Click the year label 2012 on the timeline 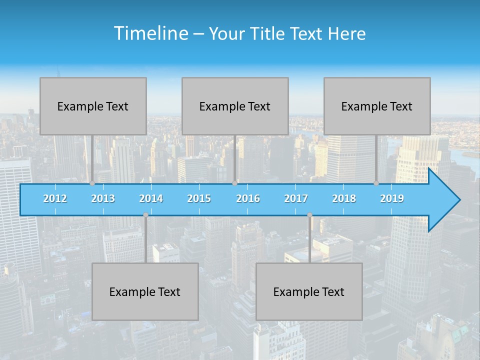click(x=55, y=198)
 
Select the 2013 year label click(x=103, y=198)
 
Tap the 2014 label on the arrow click(x=151, y=198)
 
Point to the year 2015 click(x=199, y=198)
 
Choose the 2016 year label click(x=248, y=198)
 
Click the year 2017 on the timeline click(x=296, y=198)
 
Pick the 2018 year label click(x=344, y=198)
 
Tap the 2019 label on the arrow click(x=392, y=198)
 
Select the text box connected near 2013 click(x=93, y=106)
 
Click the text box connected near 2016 click(x=235, y=106)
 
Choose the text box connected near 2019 click(x=377, y=106)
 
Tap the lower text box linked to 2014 click(x=145, y=291)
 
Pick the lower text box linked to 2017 click(x=309, y=291)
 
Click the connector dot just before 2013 click(x=92, y=183)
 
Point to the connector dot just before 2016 click(x=234, y=183)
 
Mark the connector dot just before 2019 click(x=376, y=183)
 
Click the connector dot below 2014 click(x=145, y=215)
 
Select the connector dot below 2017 click(x=309, y=215)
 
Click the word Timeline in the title click(x=150, y=33)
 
